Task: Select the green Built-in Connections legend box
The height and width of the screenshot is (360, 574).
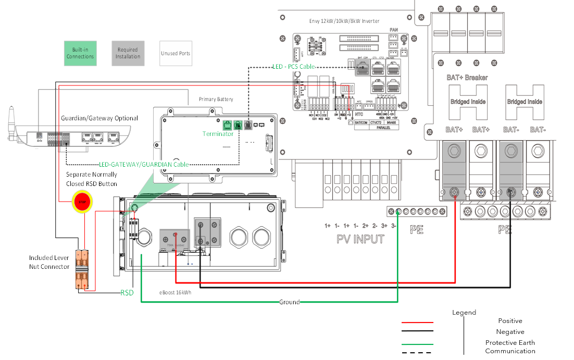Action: [x=80, y=53]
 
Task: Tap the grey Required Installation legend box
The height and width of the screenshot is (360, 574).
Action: [x=128, y=53]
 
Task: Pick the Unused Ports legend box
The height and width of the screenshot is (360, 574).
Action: [x=176, y=53]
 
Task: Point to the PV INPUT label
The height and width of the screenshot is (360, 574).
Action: [x=360, y=239]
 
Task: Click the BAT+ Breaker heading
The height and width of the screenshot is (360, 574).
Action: [x=467, y=78]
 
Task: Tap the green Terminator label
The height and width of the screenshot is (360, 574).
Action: [x=218, y=134]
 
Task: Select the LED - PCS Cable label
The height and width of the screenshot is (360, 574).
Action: [x=294, y=67]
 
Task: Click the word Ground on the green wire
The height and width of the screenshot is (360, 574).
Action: [x=289, y=302]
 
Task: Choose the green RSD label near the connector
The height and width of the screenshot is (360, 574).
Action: [x=127, y=293]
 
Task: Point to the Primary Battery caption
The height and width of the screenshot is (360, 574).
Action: [x=216, y=99]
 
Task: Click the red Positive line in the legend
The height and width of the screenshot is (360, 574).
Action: [x=417, y=322]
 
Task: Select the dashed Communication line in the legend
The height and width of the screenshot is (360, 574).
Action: [x=417, y=353]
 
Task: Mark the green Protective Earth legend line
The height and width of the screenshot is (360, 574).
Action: [x=417, y=344]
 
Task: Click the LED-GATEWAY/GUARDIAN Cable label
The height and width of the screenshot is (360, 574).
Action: [x=144, y=165]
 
